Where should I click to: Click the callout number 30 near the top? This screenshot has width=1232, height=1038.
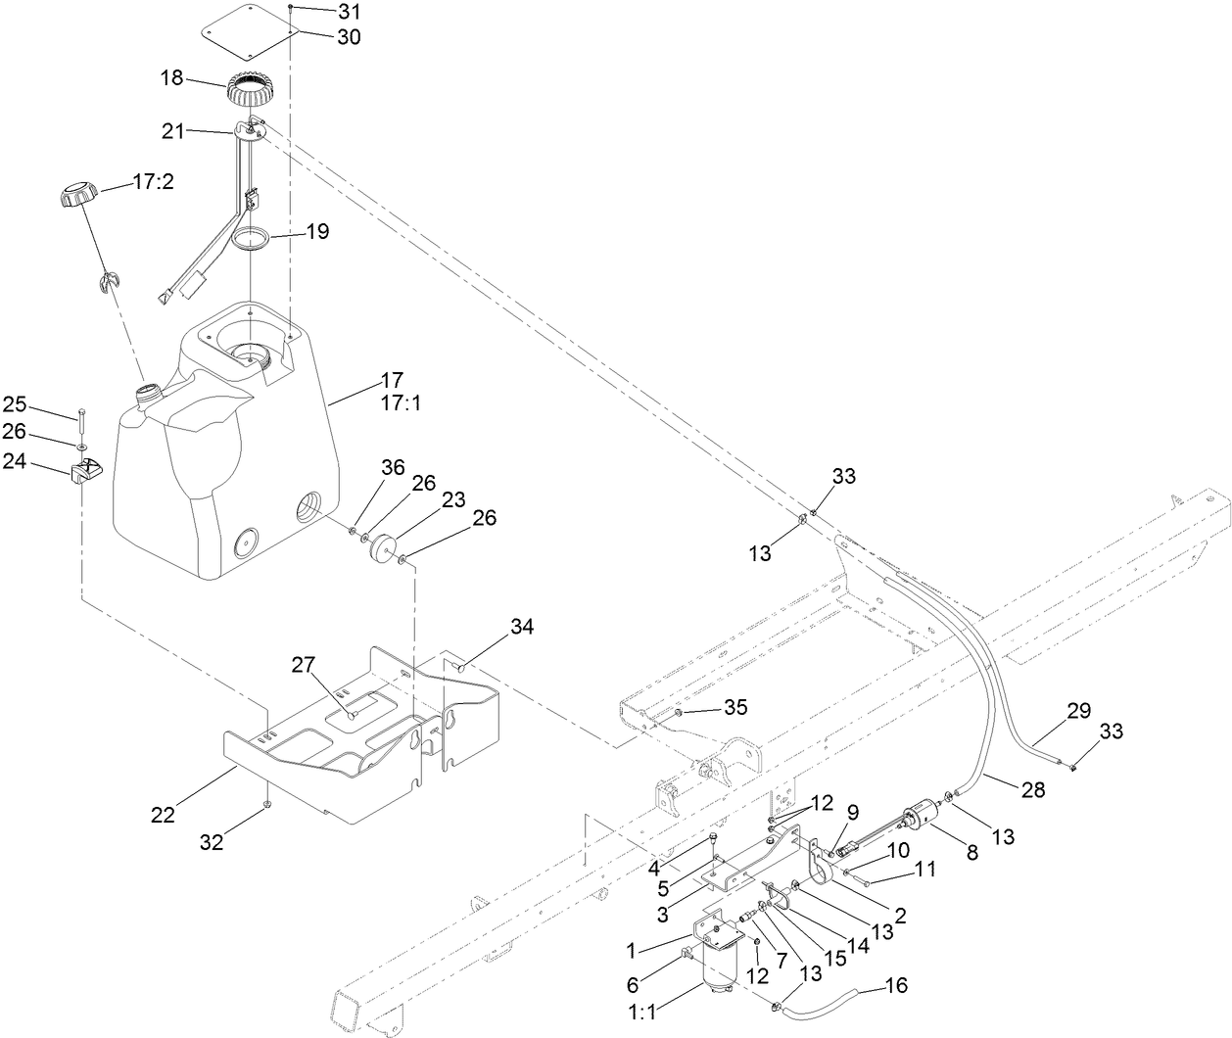click(x=320, y=37)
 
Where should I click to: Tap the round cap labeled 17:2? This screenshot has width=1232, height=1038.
click(x=74, y=193)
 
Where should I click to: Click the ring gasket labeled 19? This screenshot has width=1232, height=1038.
click(x=253, y=240)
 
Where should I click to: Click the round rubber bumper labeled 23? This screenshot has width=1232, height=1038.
click(x=382, y=546)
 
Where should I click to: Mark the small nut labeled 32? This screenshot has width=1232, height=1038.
click(x=266, y=804)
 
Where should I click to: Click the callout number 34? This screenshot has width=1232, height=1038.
click(x=522, y=628)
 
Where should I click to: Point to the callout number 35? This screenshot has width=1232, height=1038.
click(x=734, y=707)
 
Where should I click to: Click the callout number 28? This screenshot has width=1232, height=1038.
click(x=1032, y=788)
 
